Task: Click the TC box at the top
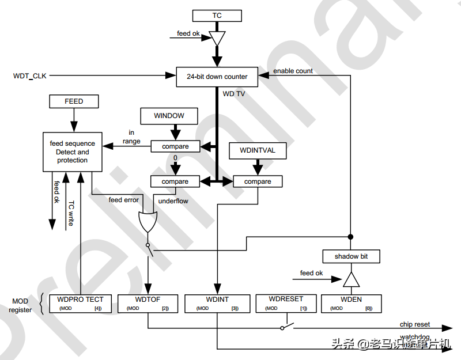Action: tap(217, 16)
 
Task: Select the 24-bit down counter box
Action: tap(217, 77)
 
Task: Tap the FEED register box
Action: tap(74, 101)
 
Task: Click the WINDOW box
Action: tap(169, 116)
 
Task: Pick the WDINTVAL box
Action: tap(257, 151)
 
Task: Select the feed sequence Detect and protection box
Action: tap(73, 151)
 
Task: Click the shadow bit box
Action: tap(351, 256)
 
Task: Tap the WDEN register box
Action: tap(351, 304)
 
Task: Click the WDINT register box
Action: tap(217, 304)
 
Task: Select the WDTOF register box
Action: tap(149, 304)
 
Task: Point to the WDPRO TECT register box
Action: tap(81, 304)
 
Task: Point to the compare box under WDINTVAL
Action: tap(258, 181)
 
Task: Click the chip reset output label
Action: tap(415, 325)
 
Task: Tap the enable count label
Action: tap(293, 71)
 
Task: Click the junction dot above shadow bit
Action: tap(351, 236)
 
